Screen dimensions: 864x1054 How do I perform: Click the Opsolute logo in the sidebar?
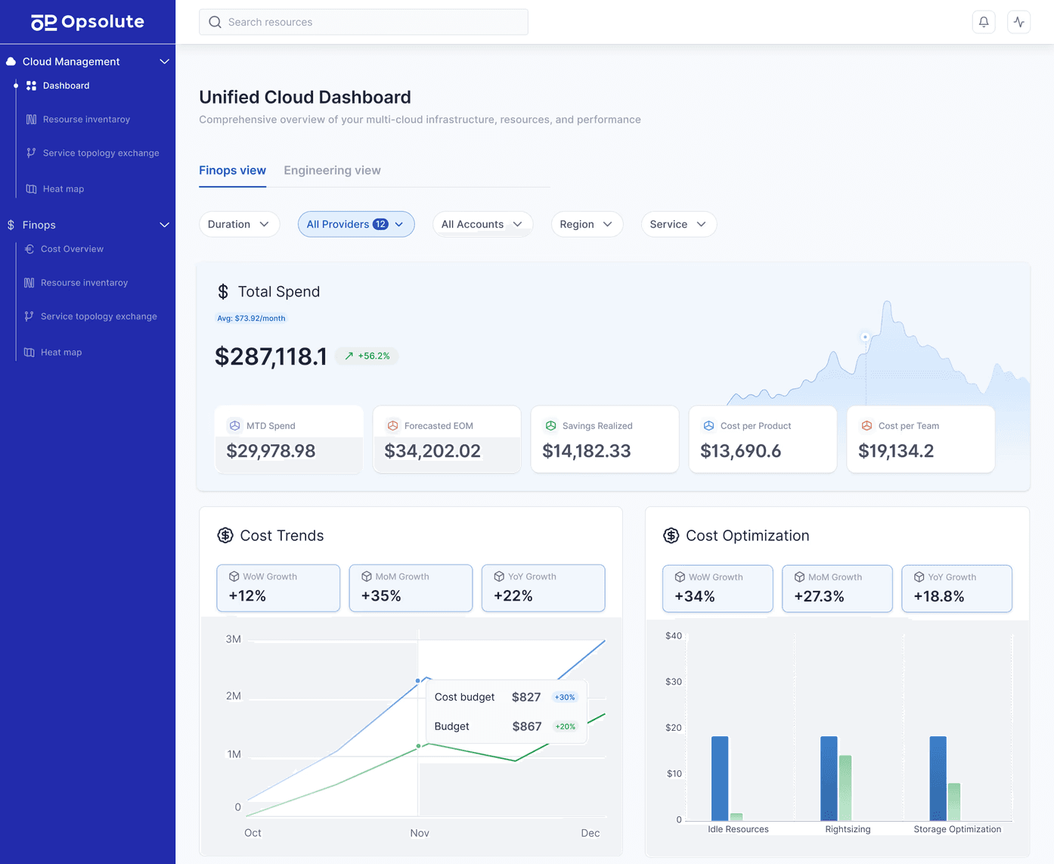[87, 22]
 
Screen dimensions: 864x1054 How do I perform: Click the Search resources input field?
[363, 22]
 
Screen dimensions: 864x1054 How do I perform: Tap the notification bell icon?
[984, 22]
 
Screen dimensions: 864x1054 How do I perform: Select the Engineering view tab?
[332, 170]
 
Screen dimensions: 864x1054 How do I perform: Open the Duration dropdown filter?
[238, 224]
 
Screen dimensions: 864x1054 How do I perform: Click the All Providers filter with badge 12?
[355, 224]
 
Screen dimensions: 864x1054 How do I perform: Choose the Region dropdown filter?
[586, 224]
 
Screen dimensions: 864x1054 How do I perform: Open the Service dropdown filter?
[677, 224]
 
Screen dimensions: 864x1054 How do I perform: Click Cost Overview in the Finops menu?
[72, 249]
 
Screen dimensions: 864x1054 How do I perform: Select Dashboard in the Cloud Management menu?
[66, 85]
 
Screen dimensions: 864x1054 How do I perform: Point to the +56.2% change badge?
[367, 356]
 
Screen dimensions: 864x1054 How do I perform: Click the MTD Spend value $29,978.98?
[271, 451]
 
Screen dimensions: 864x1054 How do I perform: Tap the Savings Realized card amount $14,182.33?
[586, 451]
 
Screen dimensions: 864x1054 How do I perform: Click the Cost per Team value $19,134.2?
[896, 451]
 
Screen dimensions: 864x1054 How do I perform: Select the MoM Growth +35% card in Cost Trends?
[411, 588]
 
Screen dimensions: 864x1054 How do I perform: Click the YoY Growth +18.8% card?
[956, 589]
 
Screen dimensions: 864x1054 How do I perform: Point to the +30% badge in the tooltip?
[565, 698]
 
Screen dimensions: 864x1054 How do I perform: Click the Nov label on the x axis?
[420, 833]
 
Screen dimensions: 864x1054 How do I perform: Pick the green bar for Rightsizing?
[845, 788]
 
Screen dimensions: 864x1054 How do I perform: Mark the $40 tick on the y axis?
[673, 636]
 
